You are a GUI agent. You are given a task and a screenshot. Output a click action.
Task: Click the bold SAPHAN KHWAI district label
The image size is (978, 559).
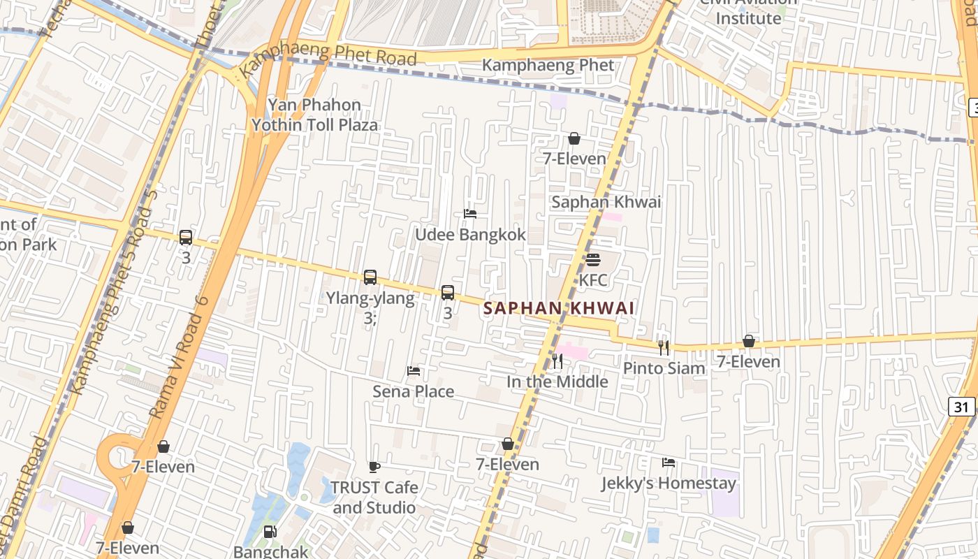point(559,308)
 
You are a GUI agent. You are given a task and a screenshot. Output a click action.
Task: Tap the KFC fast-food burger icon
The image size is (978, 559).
point(593,260)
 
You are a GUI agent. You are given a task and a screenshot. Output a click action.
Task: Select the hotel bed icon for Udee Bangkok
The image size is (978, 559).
point(470,214)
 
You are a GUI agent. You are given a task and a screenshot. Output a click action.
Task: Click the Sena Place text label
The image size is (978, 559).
point(413,391)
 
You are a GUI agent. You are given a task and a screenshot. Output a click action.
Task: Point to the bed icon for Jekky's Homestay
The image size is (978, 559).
point(669,463)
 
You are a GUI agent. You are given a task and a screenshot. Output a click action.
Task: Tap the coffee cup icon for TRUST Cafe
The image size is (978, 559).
point(374,467)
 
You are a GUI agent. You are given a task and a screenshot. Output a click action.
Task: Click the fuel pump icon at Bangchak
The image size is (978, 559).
point(270,532)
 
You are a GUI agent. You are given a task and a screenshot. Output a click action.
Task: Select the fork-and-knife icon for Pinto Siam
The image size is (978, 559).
point(664,347)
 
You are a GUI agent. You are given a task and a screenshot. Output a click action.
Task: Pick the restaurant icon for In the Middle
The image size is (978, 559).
point(557,361)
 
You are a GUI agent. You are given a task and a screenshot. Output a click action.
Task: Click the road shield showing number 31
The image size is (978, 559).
point(962,407)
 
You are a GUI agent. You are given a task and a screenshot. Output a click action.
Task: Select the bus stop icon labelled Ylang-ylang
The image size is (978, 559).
point(370,277)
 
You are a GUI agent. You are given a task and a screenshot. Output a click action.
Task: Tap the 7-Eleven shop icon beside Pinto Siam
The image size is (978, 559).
point(748,342)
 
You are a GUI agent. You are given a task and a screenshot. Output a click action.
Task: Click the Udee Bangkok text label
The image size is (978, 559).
point(470,235)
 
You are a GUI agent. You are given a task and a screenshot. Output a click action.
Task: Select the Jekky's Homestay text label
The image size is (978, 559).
point(669,484)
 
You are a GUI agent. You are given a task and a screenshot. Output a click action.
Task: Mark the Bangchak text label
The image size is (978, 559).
point(270,551)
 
